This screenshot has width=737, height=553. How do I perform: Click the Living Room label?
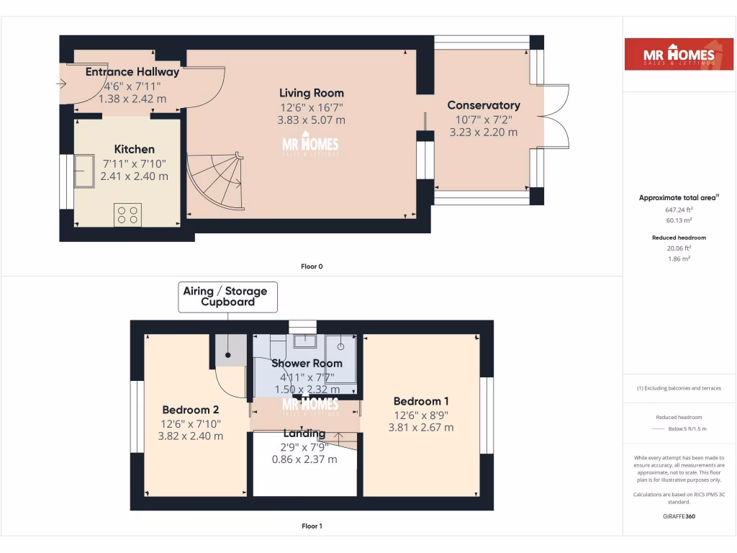(x=312, y=93)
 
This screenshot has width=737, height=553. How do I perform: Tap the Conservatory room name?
(x=483, y=105)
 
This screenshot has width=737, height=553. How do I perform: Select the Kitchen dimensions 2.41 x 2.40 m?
(x=134, y=176)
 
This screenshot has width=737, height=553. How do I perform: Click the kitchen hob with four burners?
(x=128, y=214)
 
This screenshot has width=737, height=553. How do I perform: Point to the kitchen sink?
(x=85, y=171)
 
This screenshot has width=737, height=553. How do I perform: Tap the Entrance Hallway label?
(x=132, y=71)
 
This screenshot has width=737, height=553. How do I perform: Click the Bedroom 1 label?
(x=421, y=401)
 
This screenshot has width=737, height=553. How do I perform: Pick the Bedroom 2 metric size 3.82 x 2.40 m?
(x=190, y=436)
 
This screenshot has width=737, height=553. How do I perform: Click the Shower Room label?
(x=307, y=363)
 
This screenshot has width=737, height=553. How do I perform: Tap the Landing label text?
(x=304, y=433)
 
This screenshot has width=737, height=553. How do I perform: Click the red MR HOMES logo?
(x=673, y=54)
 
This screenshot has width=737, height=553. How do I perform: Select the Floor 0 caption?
(x=312, y=266)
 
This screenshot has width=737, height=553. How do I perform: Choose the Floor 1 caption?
(x=312, y=526)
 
